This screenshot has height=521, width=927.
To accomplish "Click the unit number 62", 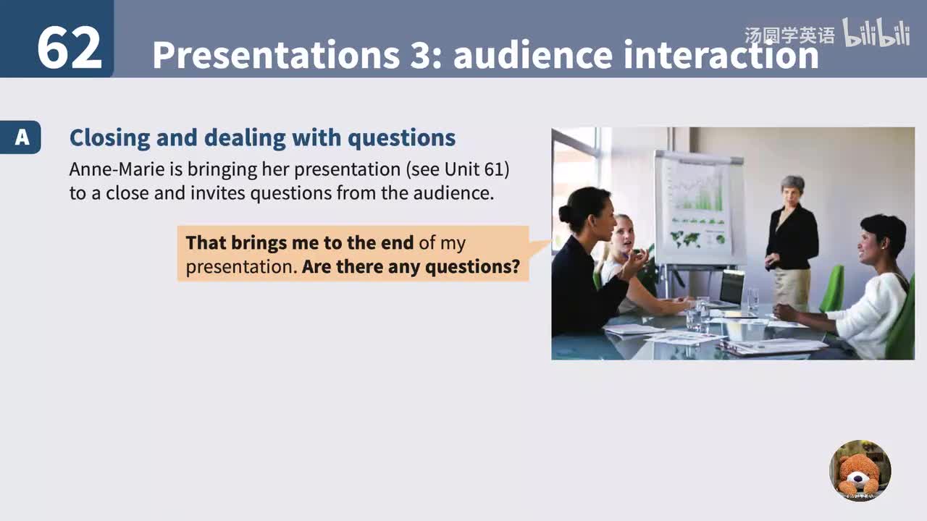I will pyautogui.click(x=69, y=48).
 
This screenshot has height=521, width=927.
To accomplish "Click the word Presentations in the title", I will pyautogui.click(x=275, y=55).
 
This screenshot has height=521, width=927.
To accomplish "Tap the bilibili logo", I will pyautogui.click(x=876, y=33).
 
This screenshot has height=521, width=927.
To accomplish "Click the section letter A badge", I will pyautogui.click(x=22, y=137).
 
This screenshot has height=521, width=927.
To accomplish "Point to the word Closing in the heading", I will pyautogui.click(x=109, y=137).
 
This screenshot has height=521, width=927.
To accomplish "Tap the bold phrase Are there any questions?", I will pyautogui.click(x=411, y=266).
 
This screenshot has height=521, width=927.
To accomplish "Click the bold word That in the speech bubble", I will pyautogui.click(x=206, y=242).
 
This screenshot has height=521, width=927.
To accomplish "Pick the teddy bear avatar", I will pyautogui.click(x=860, y=471).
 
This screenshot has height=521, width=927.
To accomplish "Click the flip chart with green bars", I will pyautogui.click(x=697, y=206).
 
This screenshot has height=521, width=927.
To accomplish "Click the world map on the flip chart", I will pyautogui.click(x=687, y=237).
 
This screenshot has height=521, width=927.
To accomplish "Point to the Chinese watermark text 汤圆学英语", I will pyautogui.click(x=789, y=35).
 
